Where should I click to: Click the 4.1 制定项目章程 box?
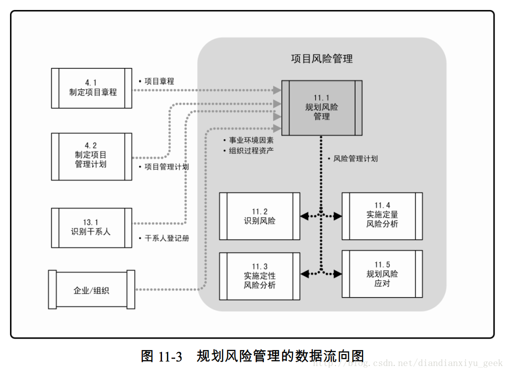(92, 88)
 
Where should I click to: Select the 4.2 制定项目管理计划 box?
(92, 156)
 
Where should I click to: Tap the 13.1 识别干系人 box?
(92, 228)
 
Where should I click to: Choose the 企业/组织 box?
(91, 290)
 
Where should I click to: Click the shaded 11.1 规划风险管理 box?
(321, 107)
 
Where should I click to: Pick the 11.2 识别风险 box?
(259, 216)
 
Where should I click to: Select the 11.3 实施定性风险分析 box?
(259, 276)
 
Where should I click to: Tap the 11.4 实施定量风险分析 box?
(382, 216)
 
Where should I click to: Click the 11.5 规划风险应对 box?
(382, 274)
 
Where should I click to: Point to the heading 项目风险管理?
(321, 59)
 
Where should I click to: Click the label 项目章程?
(159, 81)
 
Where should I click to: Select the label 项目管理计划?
(166, 167)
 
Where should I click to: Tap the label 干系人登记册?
(167, 239)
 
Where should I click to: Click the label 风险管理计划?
(355, 159)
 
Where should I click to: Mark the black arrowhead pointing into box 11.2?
(303, 216)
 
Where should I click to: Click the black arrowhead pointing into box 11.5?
(338, 274)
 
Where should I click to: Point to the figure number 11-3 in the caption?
(170, 357)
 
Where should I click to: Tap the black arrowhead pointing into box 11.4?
(338, 216)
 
